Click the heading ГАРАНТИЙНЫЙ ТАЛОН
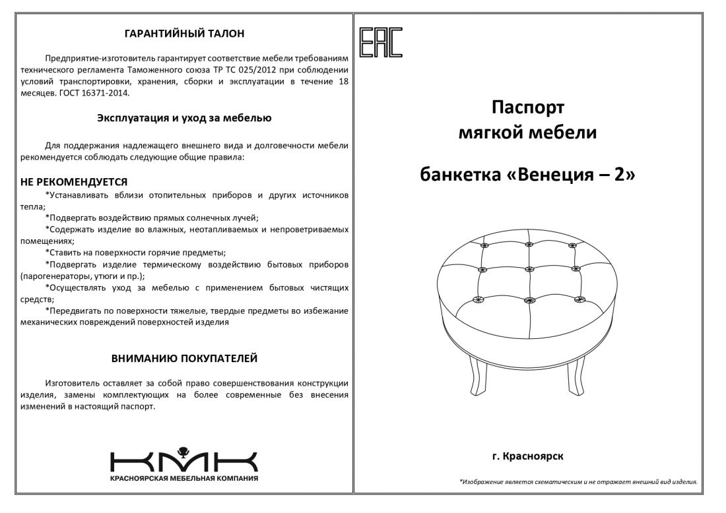185,32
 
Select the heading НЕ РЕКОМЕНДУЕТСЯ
74,181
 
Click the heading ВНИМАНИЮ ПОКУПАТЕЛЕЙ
185,359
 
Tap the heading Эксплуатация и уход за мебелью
185,119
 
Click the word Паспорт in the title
528,107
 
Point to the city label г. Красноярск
528,456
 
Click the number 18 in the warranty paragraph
343,82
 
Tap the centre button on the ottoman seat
529,269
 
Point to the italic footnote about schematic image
578,482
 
